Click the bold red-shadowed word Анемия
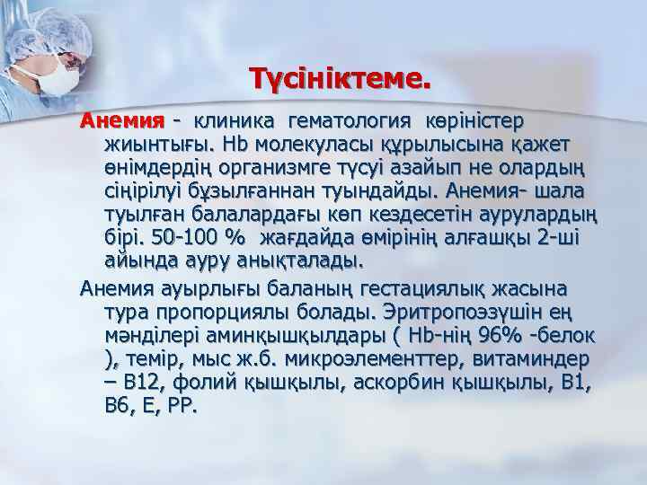pos(120,120)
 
